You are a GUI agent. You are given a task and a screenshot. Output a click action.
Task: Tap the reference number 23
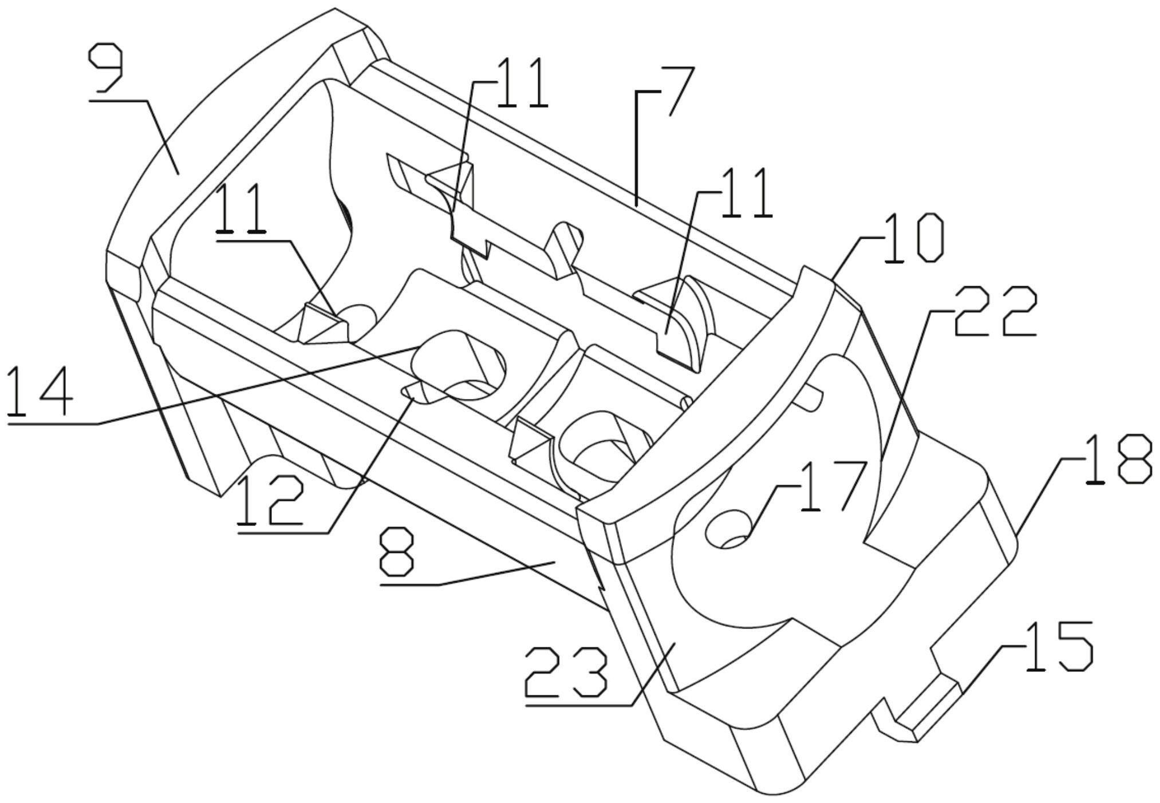click(566, 672)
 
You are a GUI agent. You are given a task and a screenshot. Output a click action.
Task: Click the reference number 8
click(396, 552)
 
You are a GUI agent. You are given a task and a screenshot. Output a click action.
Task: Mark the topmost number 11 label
click(521, 82)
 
